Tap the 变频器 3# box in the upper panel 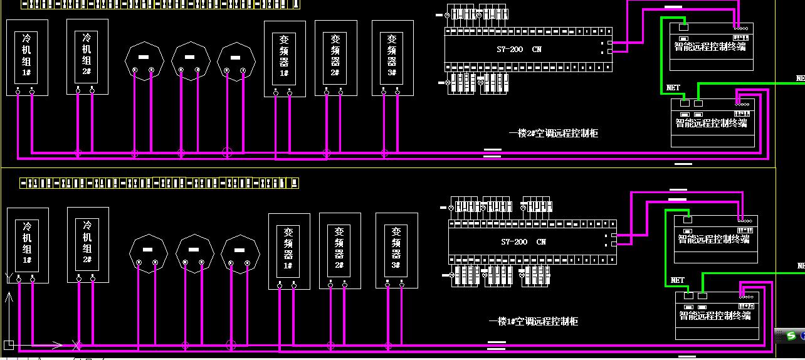click(x=392, y=58)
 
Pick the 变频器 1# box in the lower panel click(x=288, y=251)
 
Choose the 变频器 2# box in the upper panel click(x=335, y=58)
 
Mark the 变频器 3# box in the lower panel click(x=396, y=250)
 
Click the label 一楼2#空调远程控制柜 click(x=554, y=134)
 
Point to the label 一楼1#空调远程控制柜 click(x=534, y=322)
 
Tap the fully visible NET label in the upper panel click(x=673, y=88)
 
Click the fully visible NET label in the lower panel click(x=677, y=280)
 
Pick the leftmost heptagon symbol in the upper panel click(x=144, y=61)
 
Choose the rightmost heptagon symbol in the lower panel click(x=240, y=253)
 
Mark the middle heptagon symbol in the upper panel click(x=190, y=61)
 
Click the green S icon click(x=792, y=336)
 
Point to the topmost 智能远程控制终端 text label click(x=710, y=46)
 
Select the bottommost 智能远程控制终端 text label click(x=715, y=315)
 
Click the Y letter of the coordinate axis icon click(x=8, y=276)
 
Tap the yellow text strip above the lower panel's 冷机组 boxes click(x=159, y=183)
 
